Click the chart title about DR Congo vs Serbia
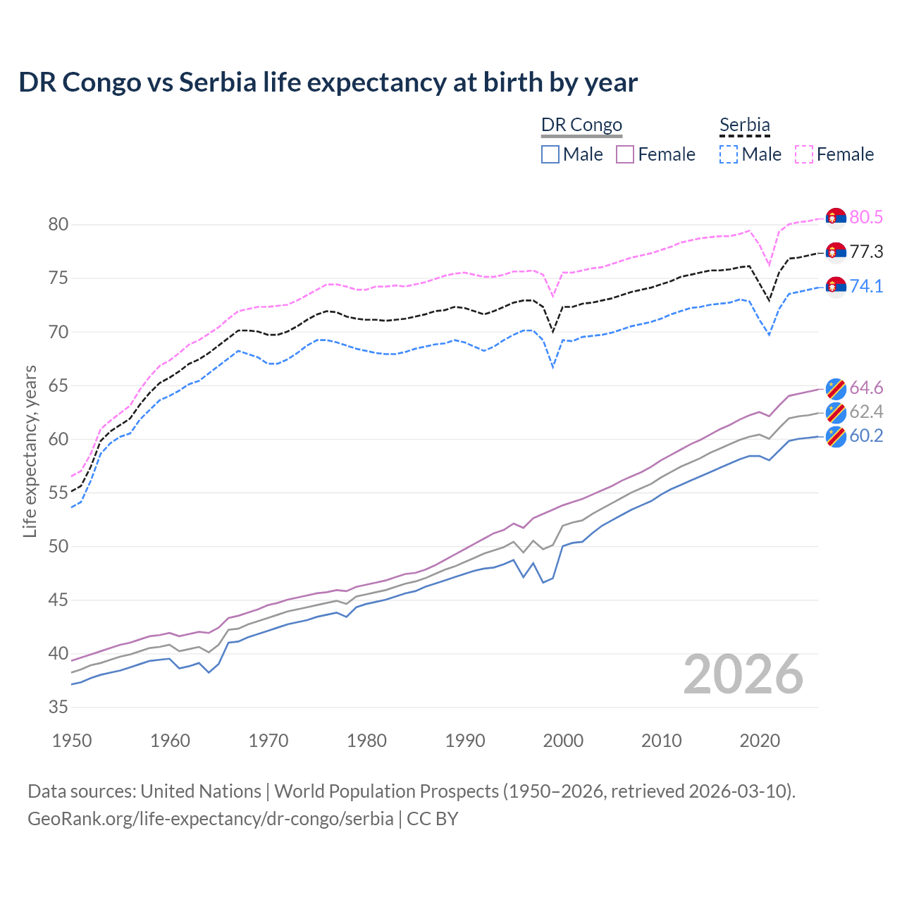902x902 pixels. click(328, 82)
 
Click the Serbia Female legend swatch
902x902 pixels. click(804, 154)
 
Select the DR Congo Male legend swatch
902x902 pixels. click(550, 154)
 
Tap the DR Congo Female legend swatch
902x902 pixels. click(625, 154)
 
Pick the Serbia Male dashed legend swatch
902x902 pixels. click(729, 154)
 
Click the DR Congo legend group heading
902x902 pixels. click(581, 125)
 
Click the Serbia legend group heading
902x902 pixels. click(744, 125)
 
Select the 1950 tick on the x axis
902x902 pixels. click(72, 741)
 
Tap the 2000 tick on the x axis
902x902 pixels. click(563, 741)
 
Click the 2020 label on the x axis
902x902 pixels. click(760, 741)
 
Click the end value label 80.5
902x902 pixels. click(866, 217)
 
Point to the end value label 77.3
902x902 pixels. click(866, 252)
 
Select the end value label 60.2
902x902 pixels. click(866, 436)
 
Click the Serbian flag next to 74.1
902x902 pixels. click(836, 287)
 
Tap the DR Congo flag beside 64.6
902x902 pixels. click(836, 388)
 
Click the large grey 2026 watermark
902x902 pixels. click(743, 675)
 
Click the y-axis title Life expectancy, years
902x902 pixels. click(30, 451)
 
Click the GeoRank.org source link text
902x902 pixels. click(210, 819)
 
